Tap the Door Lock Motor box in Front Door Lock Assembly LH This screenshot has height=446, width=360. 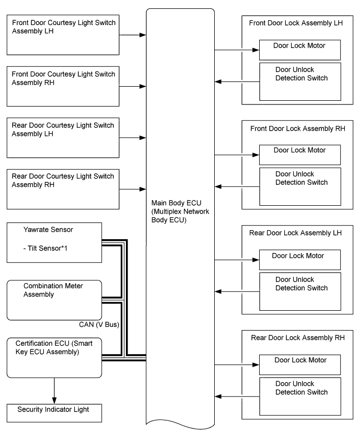pos(299,50)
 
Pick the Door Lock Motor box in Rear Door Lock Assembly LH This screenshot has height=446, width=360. pos(299,260)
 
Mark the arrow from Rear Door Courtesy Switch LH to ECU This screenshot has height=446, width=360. pos(132,138)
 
